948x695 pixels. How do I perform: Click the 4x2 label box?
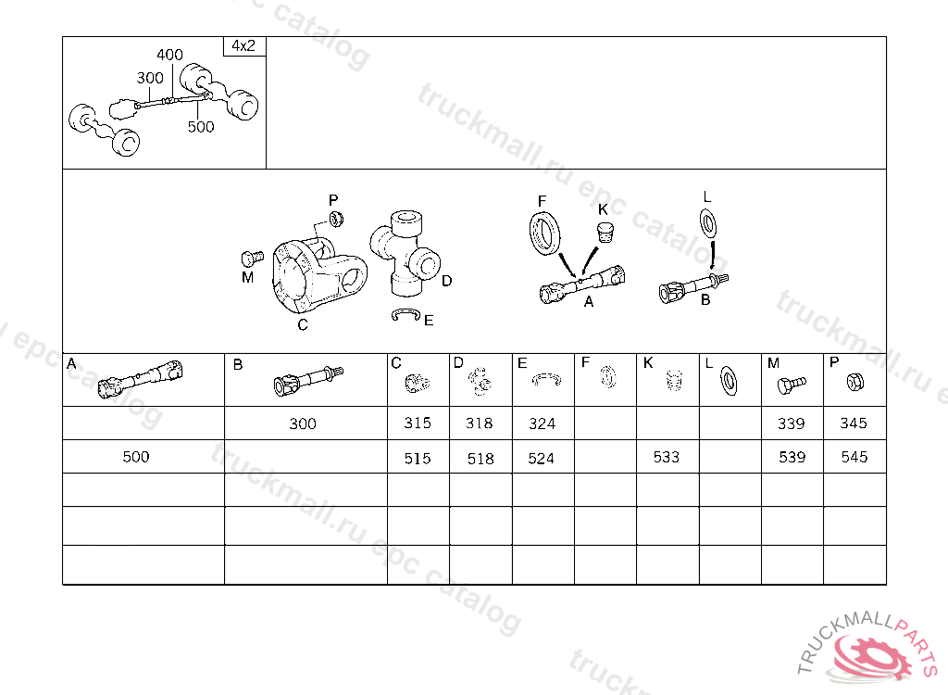(x=244, y=46)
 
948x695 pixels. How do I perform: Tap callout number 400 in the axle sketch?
(x=170, y=55)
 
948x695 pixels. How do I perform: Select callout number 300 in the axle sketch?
(x=150, y=78)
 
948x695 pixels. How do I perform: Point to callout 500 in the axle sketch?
(x=201, y=127)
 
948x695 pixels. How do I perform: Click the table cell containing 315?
(x=418, y=423)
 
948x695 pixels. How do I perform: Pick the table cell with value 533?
(x=667, y=457)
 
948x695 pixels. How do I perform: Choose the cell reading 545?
(x=854, y=457)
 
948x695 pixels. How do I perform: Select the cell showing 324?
(x=543, y=423)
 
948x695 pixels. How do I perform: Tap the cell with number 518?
(x=480, y=457)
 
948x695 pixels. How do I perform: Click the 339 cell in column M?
(x=792, y=423)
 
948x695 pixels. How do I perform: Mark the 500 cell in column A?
(x=136, y=457)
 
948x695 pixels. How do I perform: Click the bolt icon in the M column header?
(x=792, y=384)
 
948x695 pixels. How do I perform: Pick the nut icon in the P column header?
(x=854, y=382)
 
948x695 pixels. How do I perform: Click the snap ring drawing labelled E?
(x=405, y=315)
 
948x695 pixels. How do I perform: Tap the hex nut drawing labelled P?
(x=336, y=219)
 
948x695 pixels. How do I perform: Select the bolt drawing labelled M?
(x=252, y=259)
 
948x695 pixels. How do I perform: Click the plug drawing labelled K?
(x=605, y=233)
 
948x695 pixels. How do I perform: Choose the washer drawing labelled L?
(x=708, y=222)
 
